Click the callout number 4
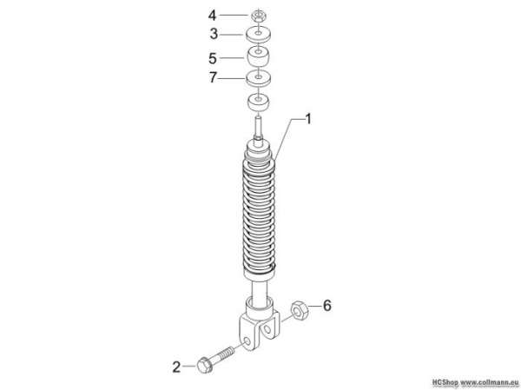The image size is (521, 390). pyautogui.click(x=212, y=16)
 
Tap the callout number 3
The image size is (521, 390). pyautogui.click(x=214, y=34)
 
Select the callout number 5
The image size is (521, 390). pyautogui.click(x=213, y=58)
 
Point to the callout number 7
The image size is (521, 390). pyautogui.click(x=213, y=78)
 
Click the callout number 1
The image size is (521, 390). pyautogui.click(x=308, y=119)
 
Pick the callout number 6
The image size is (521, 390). pyautogui.click(x=327, y=305)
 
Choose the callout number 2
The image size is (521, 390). pyautogui.click(x=176, y=367)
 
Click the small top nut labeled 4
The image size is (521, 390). pyautogui.click(x=258, y=16)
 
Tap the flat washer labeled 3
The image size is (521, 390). pyautogui.click(x=258, y=35)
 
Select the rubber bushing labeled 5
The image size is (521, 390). pyautogui.click(x=258, y=56)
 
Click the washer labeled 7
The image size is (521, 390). pyautogui.click(x=258, y=78)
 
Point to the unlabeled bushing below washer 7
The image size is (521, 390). pyautogui.click(x=258, y=102)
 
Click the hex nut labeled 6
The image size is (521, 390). pyautogui.click(x=300, y=311)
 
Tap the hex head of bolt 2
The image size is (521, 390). pyautogui.click(x=204, y=365)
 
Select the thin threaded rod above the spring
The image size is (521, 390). pyautogui.click(x=259, y=128)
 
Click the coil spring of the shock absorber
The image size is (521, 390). pyautogui.click(x=259, y=213)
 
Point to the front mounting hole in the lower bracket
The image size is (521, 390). pyautogui.click(x=247, y=342)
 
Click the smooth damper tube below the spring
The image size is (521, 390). pyautogui.click(x=260, y=292)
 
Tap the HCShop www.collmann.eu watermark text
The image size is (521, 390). pyautogui.click(x=476, y=381)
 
